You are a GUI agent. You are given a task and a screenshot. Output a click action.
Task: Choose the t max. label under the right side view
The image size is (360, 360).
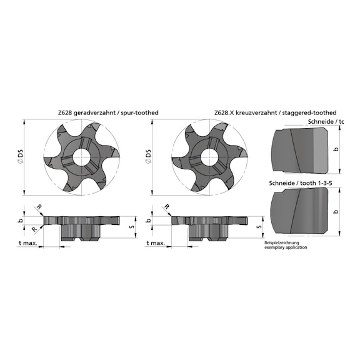click(x=155, y=244)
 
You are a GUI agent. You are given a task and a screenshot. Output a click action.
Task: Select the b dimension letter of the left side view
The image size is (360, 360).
click(x=20, y=220)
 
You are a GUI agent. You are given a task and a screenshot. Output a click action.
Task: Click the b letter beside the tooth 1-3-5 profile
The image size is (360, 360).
click(x=336, y=211)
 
